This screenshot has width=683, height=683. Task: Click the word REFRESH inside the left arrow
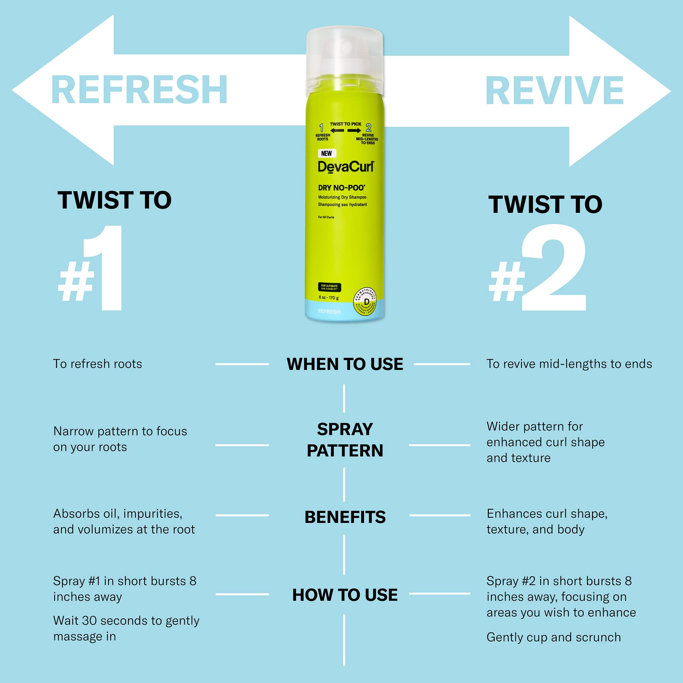139,90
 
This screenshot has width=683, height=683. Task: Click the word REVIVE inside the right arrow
554,91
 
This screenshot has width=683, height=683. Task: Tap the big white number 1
105,268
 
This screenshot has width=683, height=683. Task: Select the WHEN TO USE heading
345,364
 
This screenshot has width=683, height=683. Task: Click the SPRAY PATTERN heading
345,440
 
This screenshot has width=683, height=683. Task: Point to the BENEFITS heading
345,517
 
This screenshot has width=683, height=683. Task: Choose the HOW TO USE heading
345,595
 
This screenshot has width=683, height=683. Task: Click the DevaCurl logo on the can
345,167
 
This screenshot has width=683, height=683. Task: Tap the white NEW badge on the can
326,153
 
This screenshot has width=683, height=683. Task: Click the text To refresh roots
98,364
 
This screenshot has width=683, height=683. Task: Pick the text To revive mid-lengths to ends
569,364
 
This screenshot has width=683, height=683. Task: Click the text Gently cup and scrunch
554,637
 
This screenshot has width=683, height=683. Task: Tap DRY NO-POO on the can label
341,188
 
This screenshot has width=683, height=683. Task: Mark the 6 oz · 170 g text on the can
329,298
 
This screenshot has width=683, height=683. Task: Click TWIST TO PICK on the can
345,124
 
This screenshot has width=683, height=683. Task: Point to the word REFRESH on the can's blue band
329,311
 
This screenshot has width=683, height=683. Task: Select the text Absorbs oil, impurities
118,513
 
